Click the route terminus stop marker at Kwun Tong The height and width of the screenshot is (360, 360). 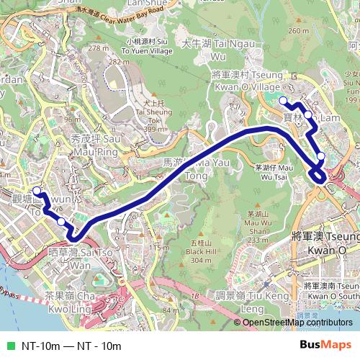[37, 191]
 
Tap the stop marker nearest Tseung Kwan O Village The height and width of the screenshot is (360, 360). [283, 100]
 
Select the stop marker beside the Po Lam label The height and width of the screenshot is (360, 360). [308, 114]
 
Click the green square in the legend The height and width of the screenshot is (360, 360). [9, 346]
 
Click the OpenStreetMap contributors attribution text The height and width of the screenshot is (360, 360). [297, 323]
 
